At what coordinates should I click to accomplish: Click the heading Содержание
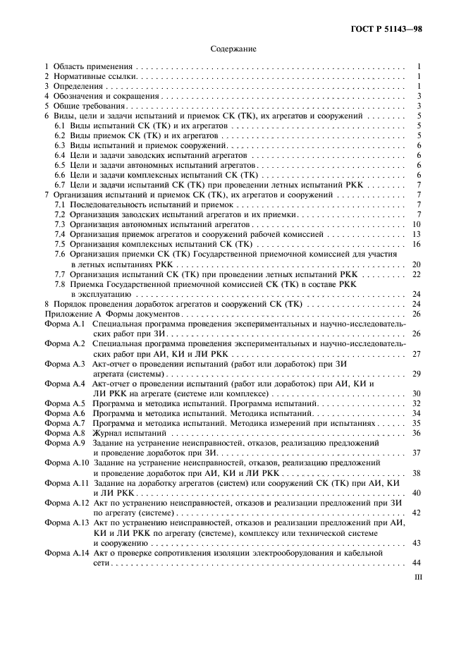233,49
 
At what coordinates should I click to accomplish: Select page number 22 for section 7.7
417,274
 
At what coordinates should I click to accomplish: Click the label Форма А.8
64,432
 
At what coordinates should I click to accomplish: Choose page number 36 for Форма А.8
417,432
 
